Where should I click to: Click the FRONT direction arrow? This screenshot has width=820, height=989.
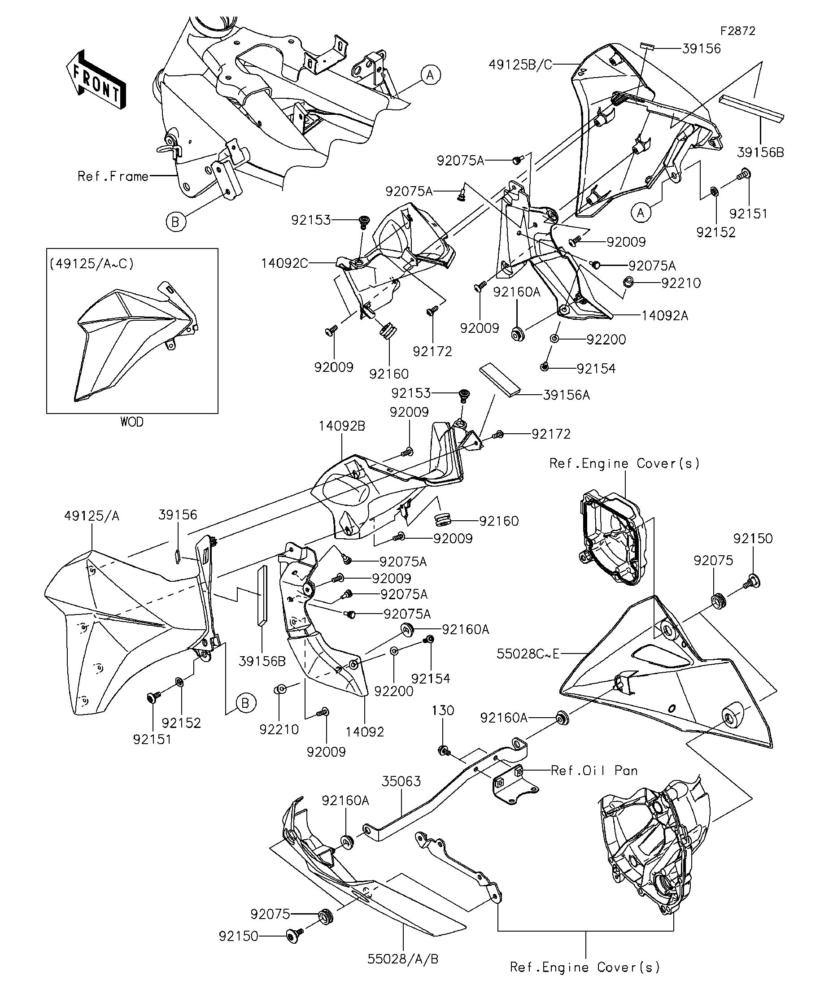[96, 79]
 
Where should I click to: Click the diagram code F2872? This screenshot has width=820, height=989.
[737, 31]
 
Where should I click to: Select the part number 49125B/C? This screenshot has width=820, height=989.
[520, 65]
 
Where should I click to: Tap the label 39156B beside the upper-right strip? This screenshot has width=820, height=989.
[761, 152]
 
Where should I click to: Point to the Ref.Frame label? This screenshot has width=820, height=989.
[113, 176]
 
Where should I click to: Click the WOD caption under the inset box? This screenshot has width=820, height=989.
[132, 422]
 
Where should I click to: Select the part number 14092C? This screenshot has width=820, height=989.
[284, 263]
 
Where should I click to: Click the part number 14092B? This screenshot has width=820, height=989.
[342, 426]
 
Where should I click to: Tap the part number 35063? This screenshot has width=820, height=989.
[401, 781]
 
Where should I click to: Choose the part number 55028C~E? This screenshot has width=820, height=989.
[528, 654]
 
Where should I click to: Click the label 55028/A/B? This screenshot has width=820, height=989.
[403, 959]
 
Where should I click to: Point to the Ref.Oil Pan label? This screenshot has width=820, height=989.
[594, 771]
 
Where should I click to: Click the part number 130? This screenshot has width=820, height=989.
[443, 710]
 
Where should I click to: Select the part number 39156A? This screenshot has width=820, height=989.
[567, 395]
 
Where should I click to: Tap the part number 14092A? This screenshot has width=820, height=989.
[665, 316]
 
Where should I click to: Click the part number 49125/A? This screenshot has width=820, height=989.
[92, 516]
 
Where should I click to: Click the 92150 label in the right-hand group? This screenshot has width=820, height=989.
[753, 538]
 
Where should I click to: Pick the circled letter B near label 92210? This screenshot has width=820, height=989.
[245, 703]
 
